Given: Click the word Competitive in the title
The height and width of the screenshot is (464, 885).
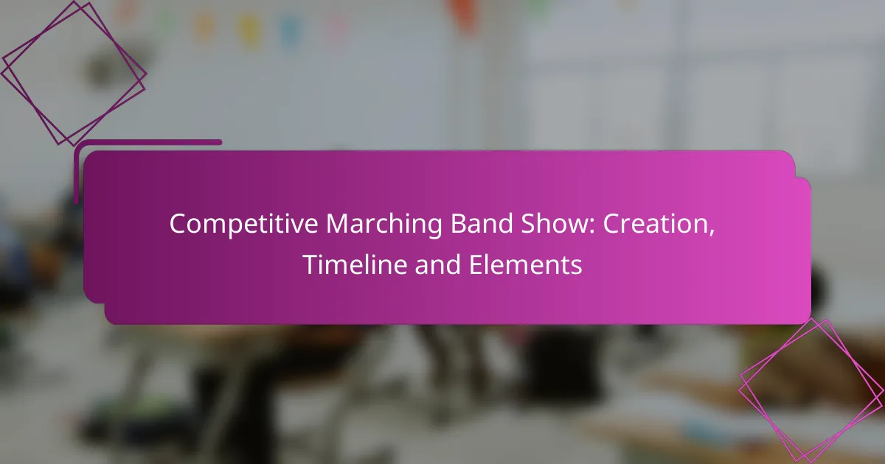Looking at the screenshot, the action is (x=244, y=225).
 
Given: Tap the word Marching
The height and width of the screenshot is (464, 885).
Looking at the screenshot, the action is (x=384, y=225).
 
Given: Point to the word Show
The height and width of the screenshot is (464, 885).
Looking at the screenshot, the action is (x=555, y=224).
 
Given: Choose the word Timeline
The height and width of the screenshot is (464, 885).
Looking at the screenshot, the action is (x=355, y=264).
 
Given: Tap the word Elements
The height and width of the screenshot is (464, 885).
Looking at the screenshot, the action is (x=525, y=264).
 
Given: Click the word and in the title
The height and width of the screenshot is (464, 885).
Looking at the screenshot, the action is (x=438, y=264).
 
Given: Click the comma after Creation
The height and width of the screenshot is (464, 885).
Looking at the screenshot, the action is (x=712, y=233).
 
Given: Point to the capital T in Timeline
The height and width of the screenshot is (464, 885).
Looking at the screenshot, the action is (x=311, y=264).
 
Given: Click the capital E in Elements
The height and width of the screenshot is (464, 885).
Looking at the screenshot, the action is (x=476, y=264).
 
